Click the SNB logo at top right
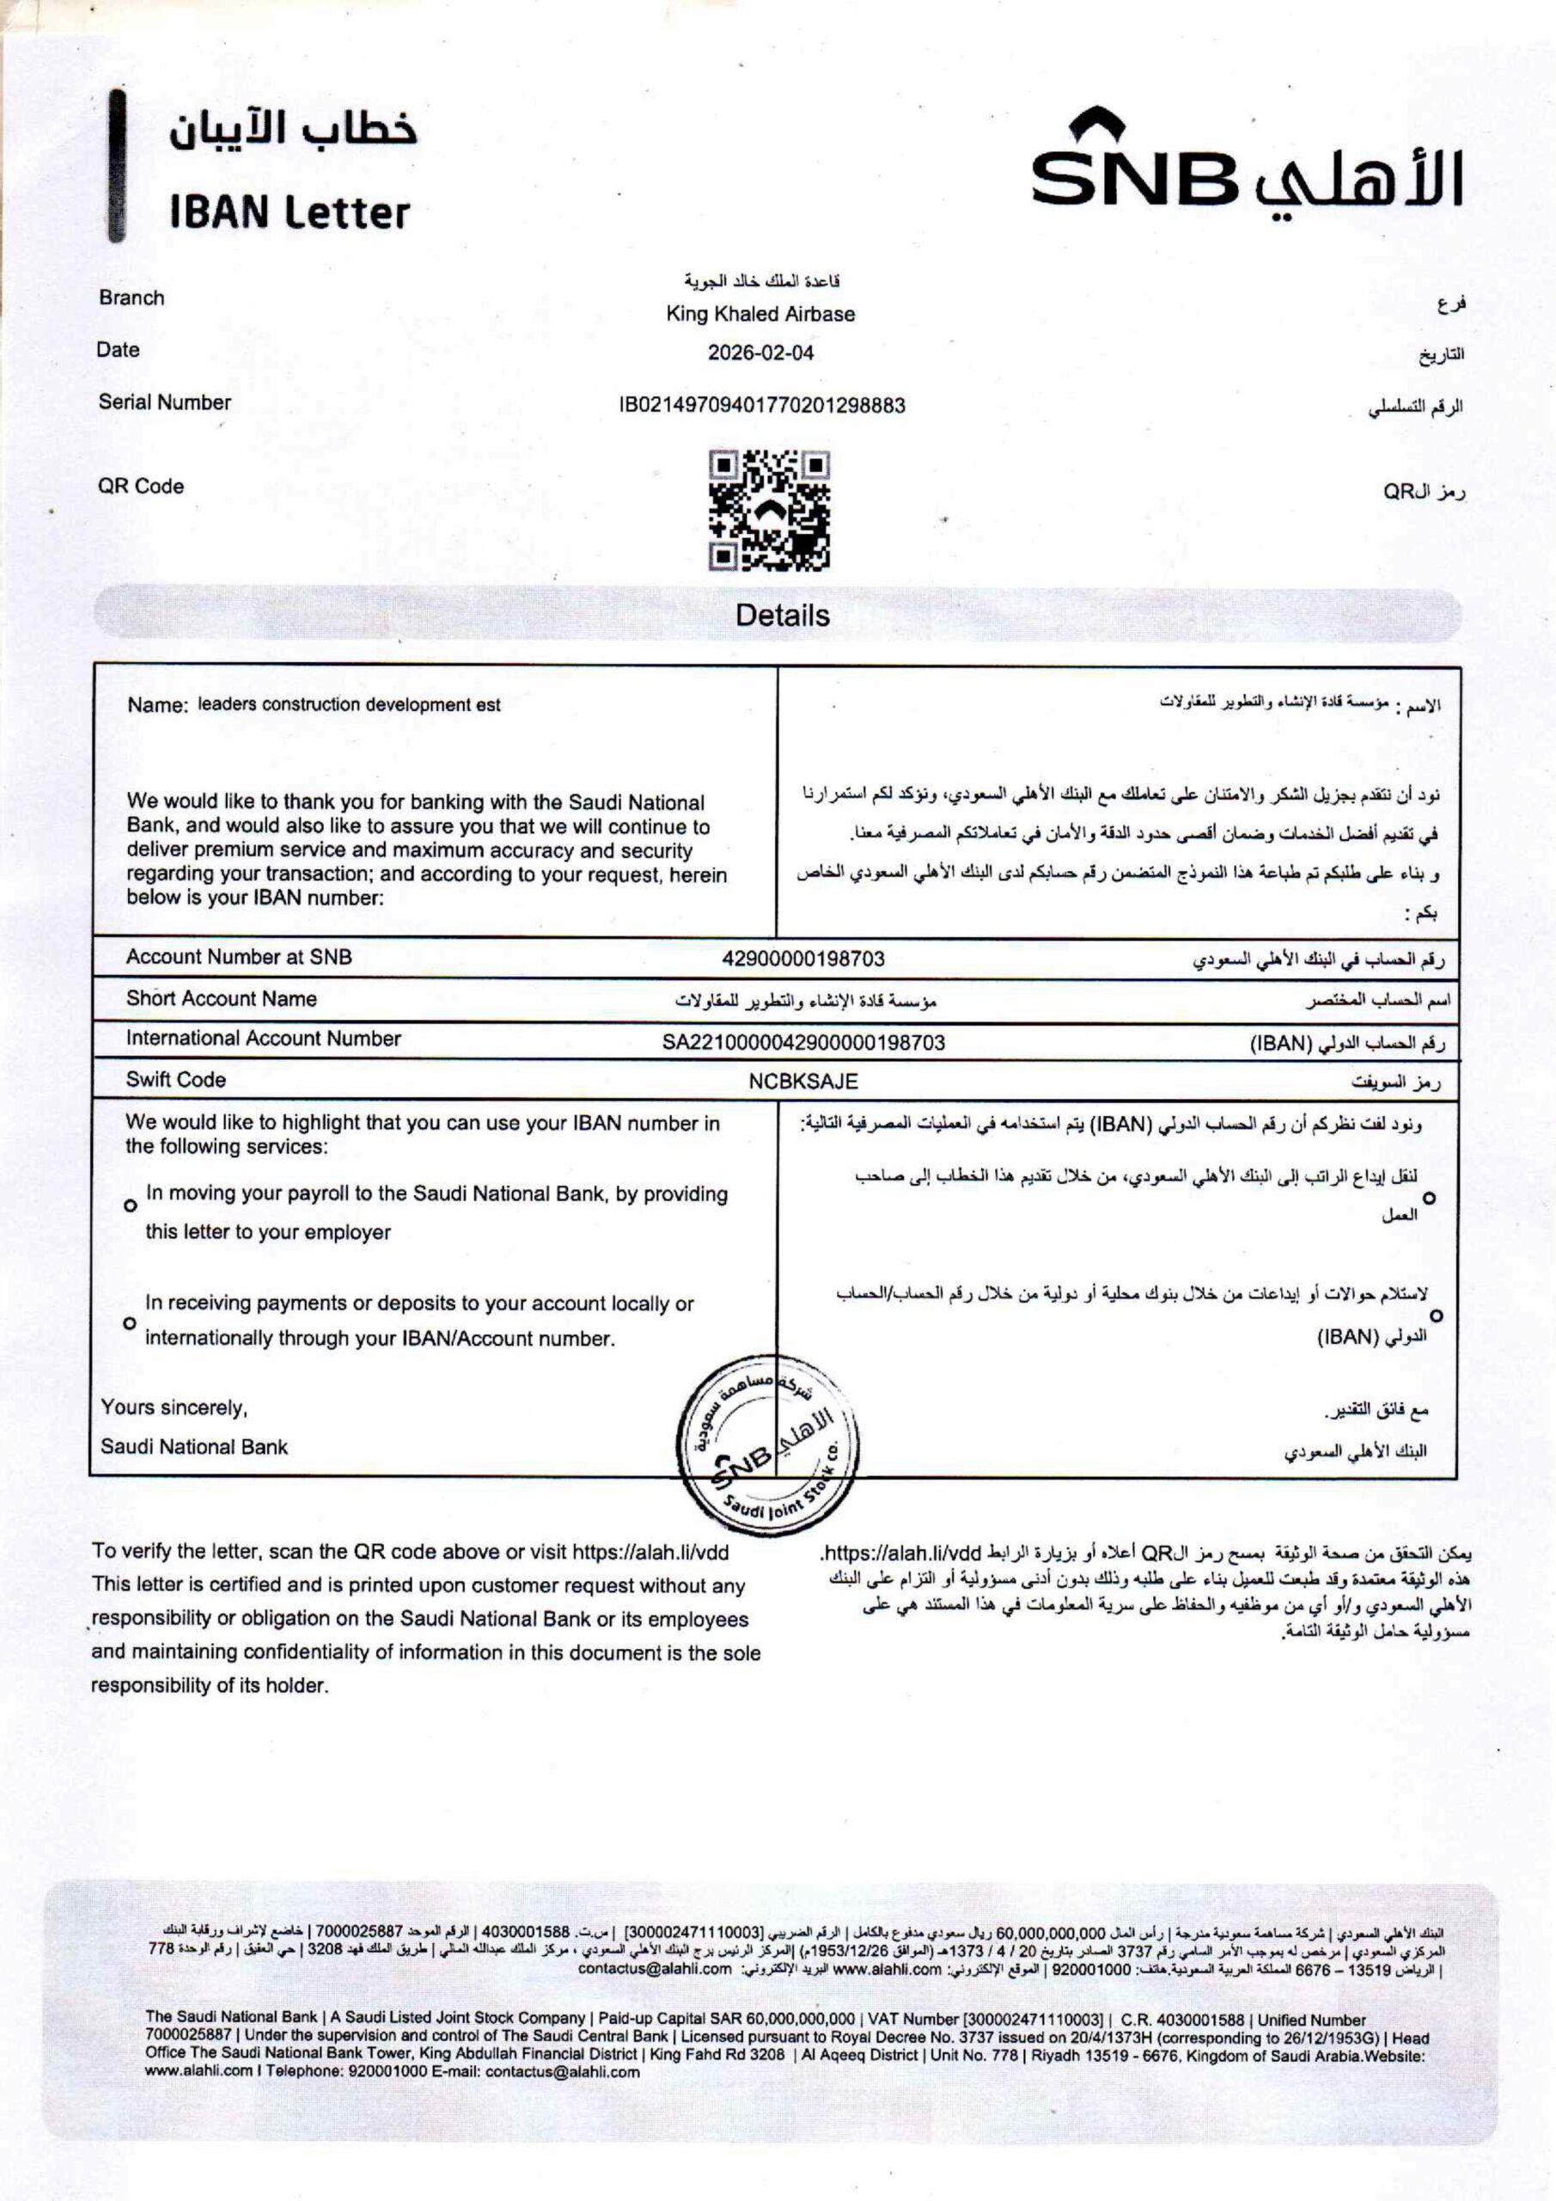[1246, 163]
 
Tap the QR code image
[769, 510]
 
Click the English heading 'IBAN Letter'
[290, 212]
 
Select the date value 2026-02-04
[760, 353]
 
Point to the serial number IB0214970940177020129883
[762, 406]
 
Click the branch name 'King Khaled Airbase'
[760, 314]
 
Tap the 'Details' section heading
[782, 615]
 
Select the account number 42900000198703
[802, 959]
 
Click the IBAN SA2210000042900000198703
[802, 1042]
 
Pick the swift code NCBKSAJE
[802, 1082]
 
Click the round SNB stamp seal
[767, 1444]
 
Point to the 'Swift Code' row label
[176, 1079]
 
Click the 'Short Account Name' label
[222, 998]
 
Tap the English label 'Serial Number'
[165, 402]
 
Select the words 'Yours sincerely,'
[174, 1407]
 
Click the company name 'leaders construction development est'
[349, 705]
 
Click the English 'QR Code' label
[141, 486]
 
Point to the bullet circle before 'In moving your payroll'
[131, 1206]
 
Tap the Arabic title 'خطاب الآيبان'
[293, 130]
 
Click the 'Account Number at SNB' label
[239, 957]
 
